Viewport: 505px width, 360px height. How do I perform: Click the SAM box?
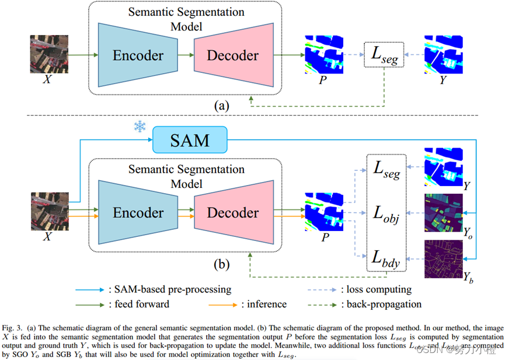click(x=189, y=141)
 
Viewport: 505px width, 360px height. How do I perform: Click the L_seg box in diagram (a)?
click(x=384, y=55)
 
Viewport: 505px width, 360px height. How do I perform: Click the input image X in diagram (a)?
click(x=47, y=54)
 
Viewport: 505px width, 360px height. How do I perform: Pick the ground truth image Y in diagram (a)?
click(x=445, y=55)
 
